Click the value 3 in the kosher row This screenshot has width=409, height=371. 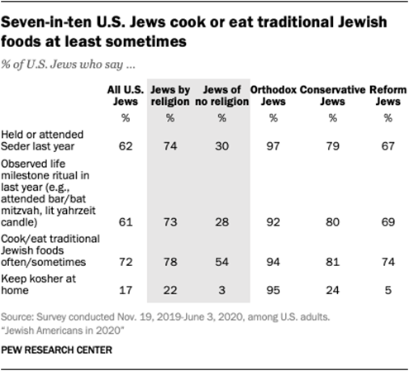[x=221, y=289]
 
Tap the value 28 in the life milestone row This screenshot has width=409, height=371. [x=221, y=223]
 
